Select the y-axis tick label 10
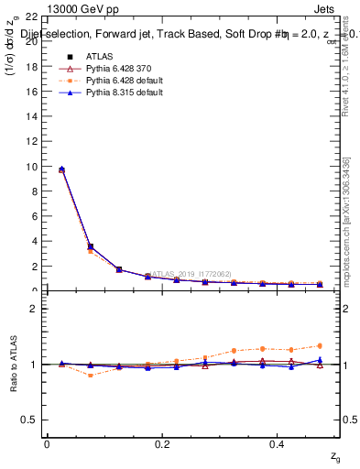tap(30, 167)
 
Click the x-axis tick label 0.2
tap(161, 444)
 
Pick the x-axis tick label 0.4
tap(276, 444)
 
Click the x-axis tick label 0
tap(47, 444)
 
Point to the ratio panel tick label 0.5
tap(28, 420)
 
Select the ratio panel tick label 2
tap(33, 309)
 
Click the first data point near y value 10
tap(61, 169)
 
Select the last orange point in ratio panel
tap(320, 345)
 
